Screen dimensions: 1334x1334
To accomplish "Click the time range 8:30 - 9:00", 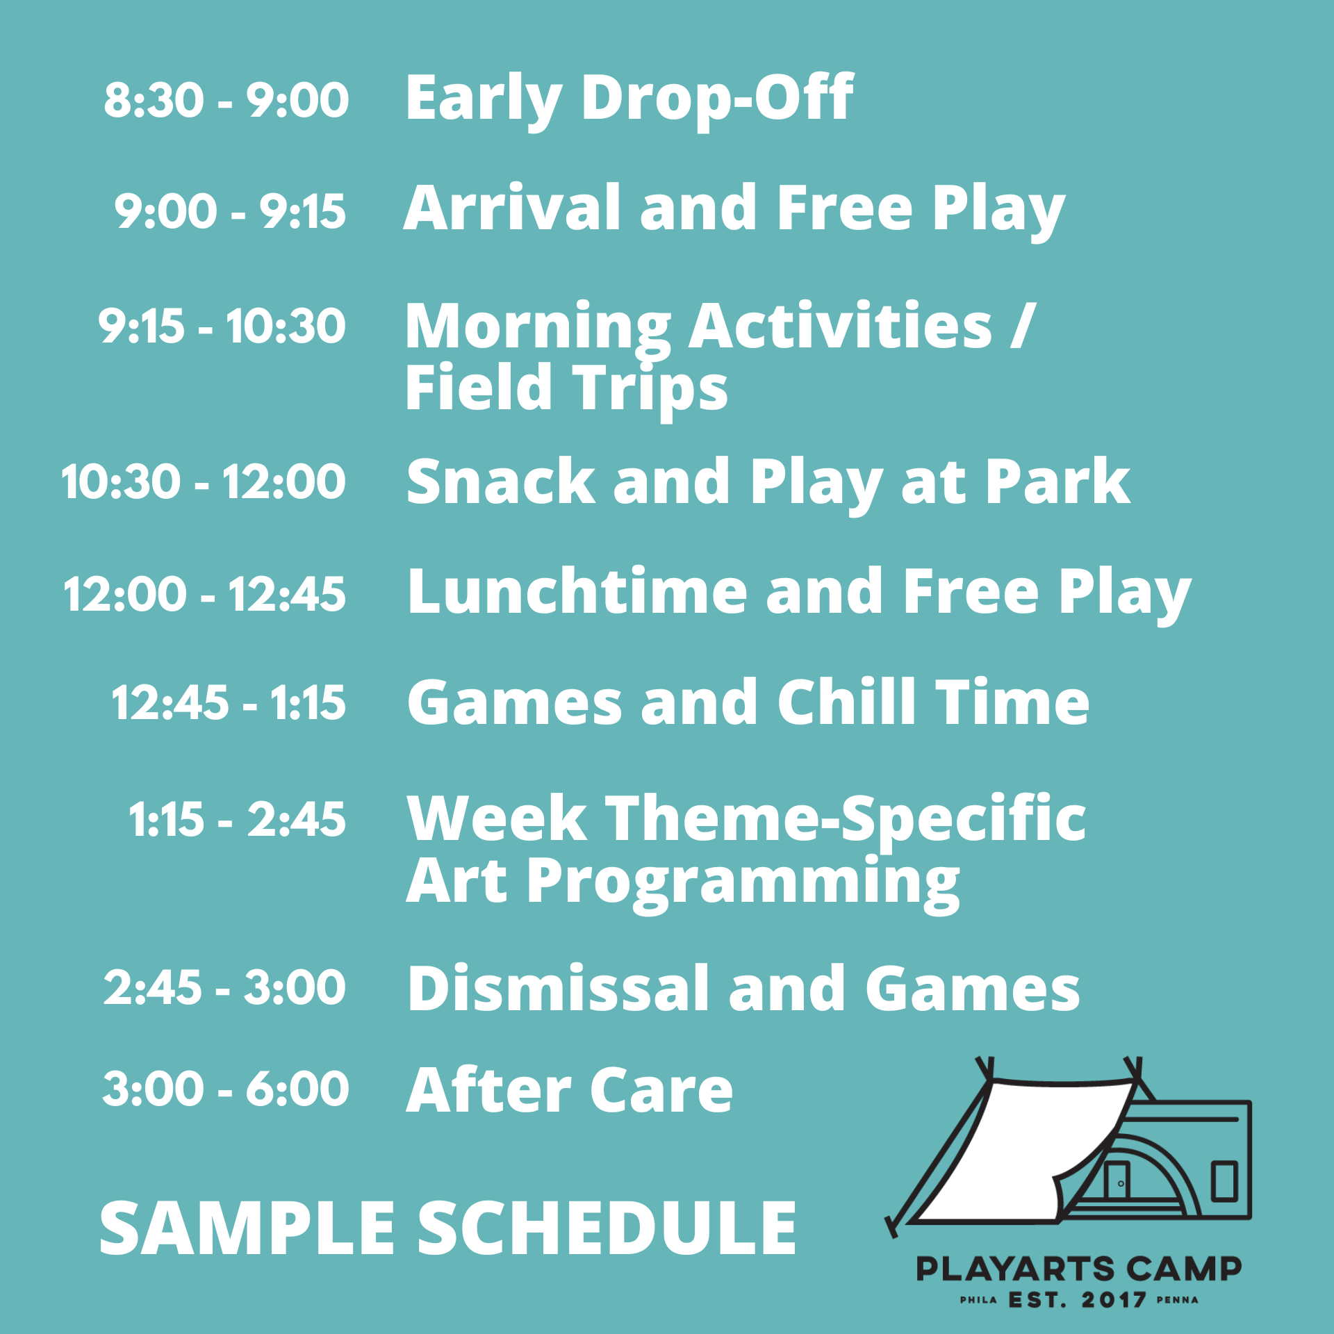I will coord(226,99).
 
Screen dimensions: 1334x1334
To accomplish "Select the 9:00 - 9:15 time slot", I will coord(230,211).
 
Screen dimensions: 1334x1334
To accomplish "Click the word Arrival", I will coord(511,208).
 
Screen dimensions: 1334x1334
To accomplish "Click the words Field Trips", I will coord(566,387).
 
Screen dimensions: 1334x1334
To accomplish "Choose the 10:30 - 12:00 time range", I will coord(204,481).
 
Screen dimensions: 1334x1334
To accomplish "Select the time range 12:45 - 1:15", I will coord(229,702).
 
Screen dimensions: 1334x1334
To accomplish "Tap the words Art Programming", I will coord(682,881).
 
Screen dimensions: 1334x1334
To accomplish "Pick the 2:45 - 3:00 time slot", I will coord(224,987).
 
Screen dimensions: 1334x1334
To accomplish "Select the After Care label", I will coord(569,1090).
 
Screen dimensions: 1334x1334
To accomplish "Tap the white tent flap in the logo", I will coord(1021,1146).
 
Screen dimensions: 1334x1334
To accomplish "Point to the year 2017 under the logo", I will coord(1114,1300).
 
